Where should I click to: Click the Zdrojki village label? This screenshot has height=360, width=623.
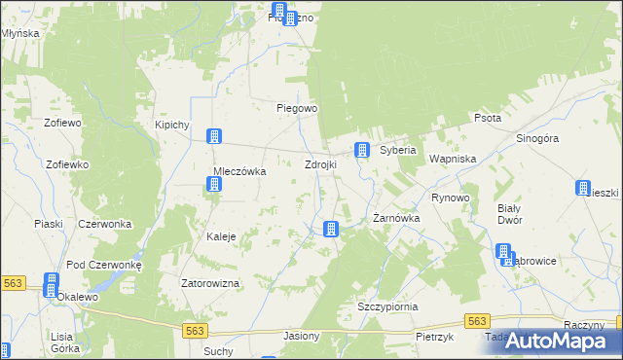pyautogui.click(x=320, y=165)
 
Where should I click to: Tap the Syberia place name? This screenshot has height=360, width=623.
pyautogui.click(x=397, y=151)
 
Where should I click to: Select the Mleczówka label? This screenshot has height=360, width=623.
pyautogui.click(x=239, y=171)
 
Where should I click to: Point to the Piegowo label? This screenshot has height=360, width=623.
pyautogui.click(x=297, y=109)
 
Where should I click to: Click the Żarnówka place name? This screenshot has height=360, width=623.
pyautogui.click(x=396, y=219)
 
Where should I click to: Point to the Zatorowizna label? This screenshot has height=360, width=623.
pyautogui.click(x=210, y=284)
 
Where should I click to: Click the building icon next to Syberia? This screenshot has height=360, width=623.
pyautogui.click(x=362, y=150)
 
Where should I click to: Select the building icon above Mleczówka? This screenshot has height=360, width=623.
pyautogui.click(x=213, y=137)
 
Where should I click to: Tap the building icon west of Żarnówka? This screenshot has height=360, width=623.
pyautogui.click(x=331, y=229)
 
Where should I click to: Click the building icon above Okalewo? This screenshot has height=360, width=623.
pyautogui.click(x=51, y=282)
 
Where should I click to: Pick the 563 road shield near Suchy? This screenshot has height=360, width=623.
pyautogui.click(x=194, y=331)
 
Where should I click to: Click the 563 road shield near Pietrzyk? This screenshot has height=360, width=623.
pyautogui.click(x=476, y=321)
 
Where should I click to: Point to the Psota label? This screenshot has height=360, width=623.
pyautogui.click(x=487, y=118)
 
